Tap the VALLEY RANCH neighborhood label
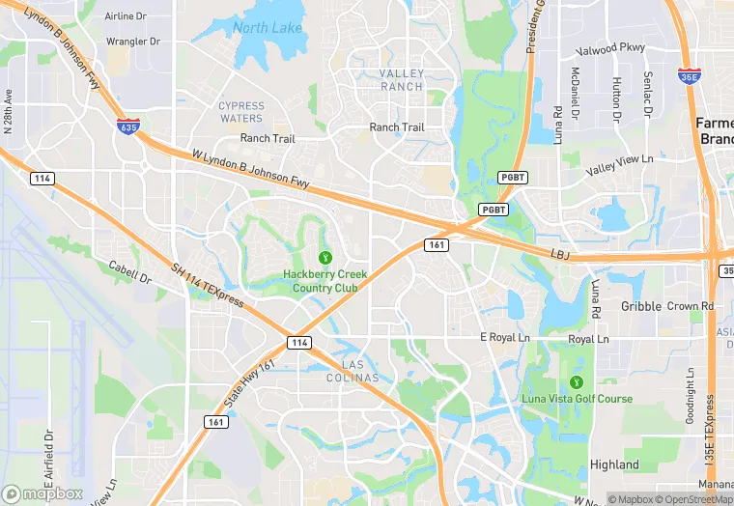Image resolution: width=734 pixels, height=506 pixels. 401,80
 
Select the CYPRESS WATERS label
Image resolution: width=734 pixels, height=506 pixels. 240,112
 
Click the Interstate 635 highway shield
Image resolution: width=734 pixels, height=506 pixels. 126,126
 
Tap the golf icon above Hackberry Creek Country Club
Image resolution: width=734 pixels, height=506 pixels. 325,257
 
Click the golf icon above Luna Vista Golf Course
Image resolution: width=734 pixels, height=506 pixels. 578,381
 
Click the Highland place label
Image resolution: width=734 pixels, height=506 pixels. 614,464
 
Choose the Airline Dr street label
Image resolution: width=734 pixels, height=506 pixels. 126,16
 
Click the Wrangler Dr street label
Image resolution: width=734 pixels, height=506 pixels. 132,42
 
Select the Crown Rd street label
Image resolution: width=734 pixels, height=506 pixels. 690,306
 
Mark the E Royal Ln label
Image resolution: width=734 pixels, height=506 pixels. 505,337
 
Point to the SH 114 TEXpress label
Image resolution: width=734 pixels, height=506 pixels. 208,287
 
